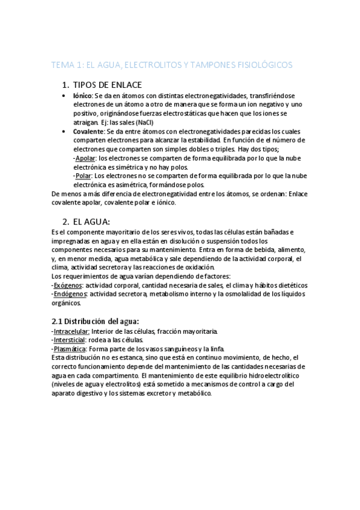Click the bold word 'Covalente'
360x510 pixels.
click(x=88, y=131)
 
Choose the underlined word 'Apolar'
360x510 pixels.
click(x=86, y=158)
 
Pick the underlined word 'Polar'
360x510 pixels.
click(x=84, y=176)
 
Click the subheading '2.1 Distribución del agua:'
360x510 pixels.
click(x=96, y=321)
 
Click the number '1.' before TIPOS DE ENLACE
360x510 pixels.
click(x=67, y=85)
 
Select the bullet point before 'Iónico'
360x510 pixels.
click(x=65, y=96)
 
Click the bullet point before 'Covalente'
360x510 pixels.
click(x=65, y=131)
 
